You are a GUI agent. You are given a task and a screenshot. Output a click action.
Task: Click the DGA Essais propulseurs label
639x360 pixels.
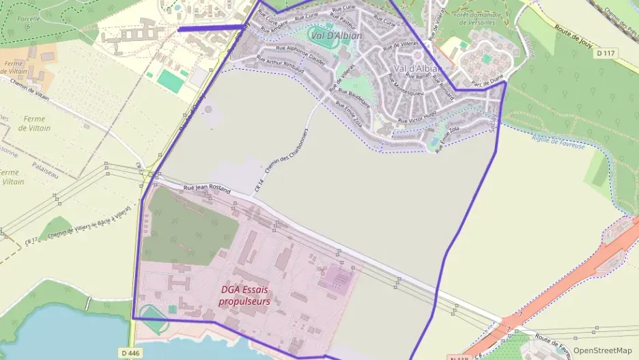coord(245,295)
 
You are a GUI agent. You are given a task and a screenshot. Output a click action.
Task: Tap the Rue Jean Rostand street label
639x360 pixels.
coord(207,189)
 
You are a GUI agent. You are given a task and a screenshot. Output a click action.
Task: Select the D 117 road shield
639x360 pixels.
coord(605,53)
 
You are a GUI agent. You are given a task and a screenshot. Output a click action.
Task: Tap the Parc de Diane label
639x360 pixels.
coord(486,85)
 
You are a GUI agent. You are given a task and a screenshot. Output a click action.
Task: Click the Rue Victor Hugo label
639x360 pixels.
coord(417,117)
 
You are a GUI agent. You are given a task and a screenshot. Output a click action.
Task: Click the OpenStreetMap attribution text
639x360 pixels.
coord(602,350)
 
